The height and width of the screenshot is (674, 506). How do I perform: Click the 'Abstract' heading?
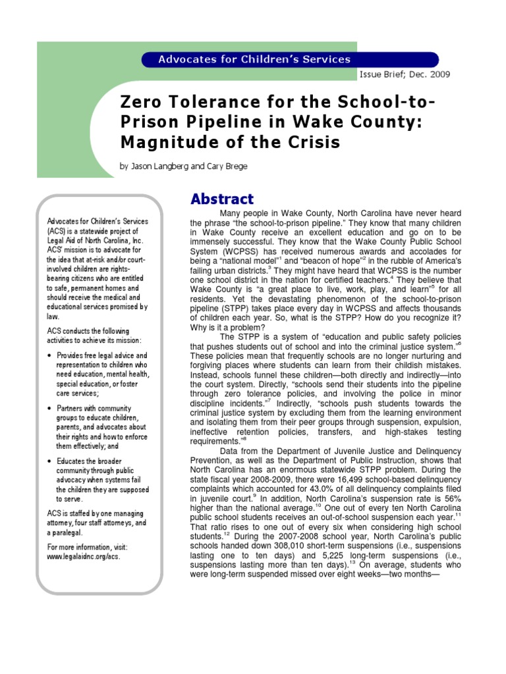[221, 199]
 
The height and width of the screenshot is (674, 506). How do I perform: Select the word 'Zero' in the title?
[140, 103]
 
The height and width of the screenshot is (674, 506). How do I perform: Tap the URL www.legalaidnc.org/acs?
[84, 556]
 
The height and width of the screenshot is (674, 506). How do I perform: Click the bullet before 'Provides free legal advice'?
[51, 355]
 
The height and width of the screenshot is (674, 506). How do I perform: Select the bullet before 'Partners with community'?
[51, 409]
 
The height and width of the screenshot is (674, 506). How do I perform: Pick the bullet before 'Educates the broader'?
[51, 461]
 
